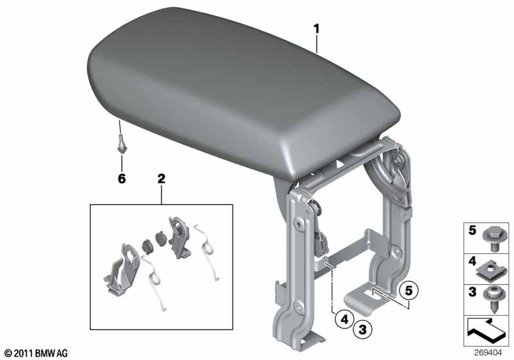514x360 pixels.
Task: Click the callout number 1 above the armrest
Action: (316, 29)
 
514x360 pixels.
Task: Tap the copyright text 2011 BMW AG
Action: (35, 353)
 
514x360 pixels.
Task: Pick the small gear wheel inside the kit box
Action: (146, 247)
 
